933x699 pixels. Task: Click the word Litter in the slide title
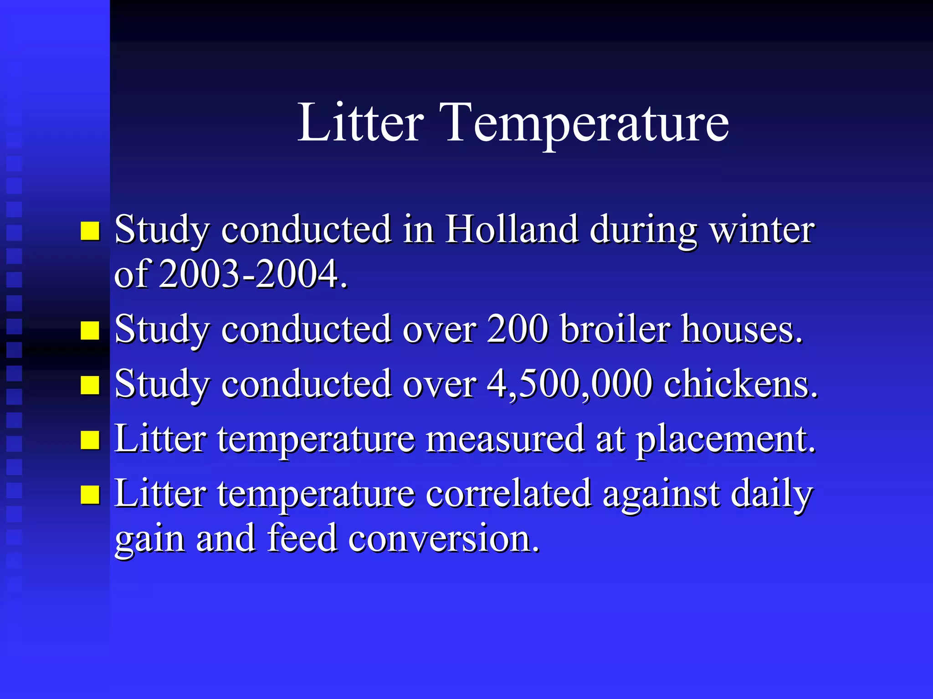click(x=360, y=123)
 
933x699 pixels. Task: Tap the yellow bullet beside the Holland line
click(x=90, y=231)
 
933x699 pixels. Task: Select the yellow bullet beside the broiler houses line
click(x=90, y=331)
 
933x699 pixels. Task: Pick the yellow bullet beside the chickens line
click(x=90, y=385)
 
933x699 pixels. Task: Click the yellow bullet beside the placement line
click(x=90, y=440)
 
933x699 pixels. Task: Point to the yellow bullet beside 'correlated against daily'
click(x=90, y=495)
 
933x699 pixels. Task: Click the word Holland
click(x=512, y=229)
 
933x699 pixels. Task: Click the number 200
click(x=518, y=329)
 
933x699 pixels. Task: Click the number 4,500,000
click(x=569, y=384)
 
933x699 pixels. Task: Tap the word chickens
click(x=740, y=384)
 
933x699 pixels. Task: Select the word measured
click(x=504, y=439)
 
